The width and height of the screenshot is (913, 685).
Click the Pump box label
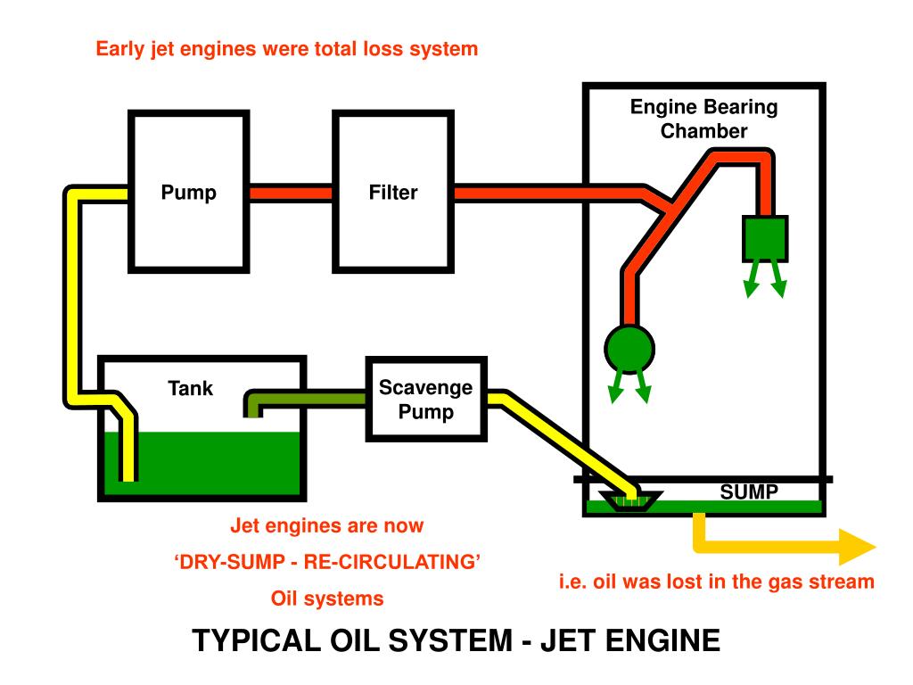pos(189,193)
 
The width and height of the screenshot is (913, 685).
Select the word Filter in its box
pos(393,193)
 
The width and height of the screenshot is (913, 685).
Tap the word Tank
pos(191,388)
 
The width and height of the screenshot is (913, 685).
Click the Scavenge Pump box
pos(426,399)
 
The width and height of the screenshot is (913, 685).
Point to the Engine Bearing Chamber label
pos(704,119)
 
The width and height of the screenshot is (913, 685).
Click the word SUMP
pos(749,492)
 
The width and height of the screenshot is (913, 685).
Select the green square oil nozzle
pos(765,238)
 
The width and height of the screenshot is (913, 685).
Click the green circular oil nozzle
pos(629,349)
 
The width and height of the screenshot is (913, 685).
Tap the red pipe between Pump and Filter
pos(292,193)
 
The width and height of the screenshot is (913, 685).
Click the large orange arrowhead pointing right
pos(857,547)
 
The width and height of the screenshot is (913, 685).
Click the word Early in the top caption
pos(120,49)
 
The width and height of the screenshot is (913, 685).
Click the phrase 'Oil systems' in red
pos(327,598)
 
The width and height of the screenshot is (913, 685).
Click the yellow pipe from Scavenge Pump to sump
pos(562,442)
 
